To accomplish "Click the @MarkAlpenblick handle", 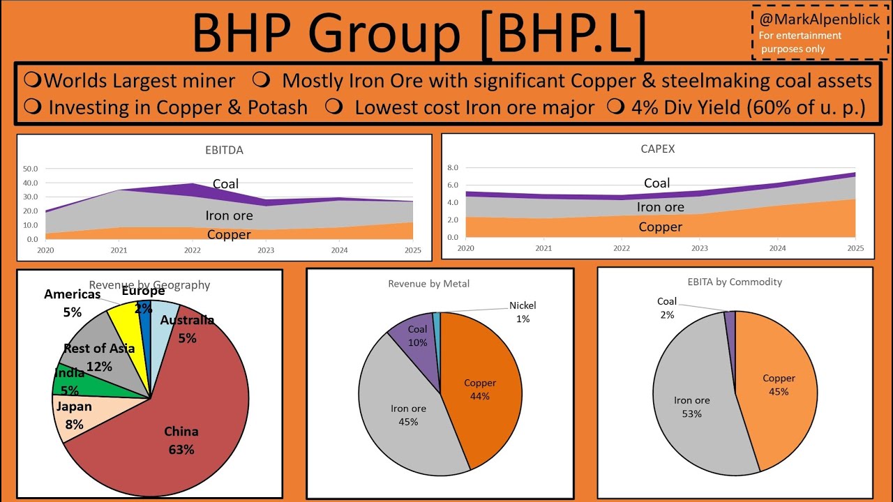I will (820, 20).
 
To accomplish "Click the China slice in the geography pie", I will (188, 418).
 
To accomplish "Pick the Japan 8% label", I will (74, 416).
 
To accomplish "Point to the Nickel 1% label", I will (523, 312).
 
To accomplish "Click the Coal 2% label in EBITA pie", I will (667, 307).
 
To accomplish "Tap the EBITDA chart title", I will (225, 150).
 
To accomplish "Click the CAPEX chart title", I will (657, 149).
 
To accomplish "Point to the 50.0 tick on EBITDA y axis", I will (31, 169).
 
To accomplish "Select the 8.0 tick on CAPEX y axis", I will (451, 168).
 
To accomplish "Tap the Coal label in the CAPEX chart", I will (656, 183).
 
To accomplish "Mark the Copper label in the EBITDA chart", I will (229, 235).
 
